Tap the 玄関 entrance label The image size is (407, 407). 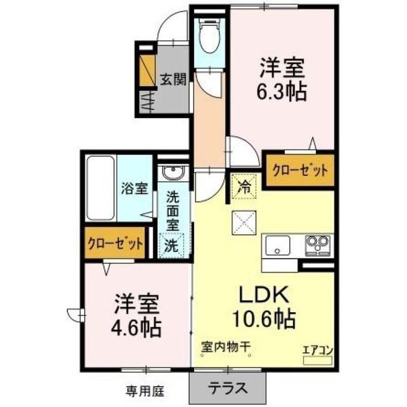pos(172,80)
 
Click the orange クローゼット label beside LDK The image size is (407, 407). pos(300,170)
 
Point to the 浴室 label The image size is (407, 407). pos(134,188)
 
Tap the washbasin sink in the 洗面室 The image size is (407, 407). pos(172,172)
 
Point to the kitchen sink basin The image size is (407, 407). pos(277,244)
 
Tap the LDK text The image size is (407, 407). pos(264,295)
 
